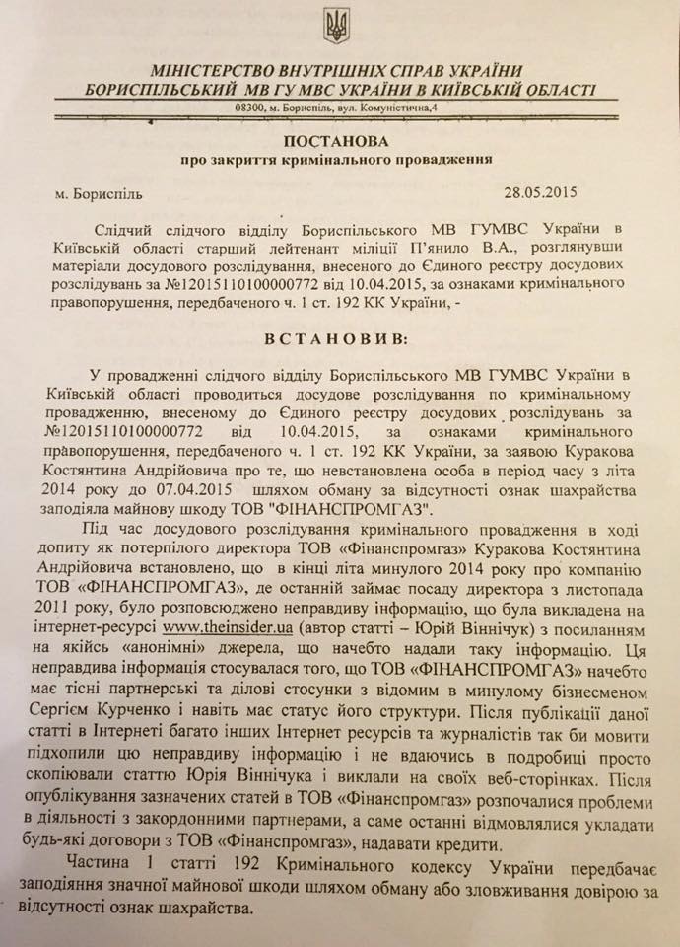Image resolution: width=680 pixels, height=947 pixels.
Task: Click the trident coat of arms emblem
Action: click(337, 25)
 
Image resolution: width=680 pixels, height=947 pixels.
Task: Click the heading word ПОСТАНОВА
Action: click(339, 140)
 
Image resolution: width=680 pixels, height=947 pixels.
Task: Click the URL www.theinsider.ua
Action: click(217, 624)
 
